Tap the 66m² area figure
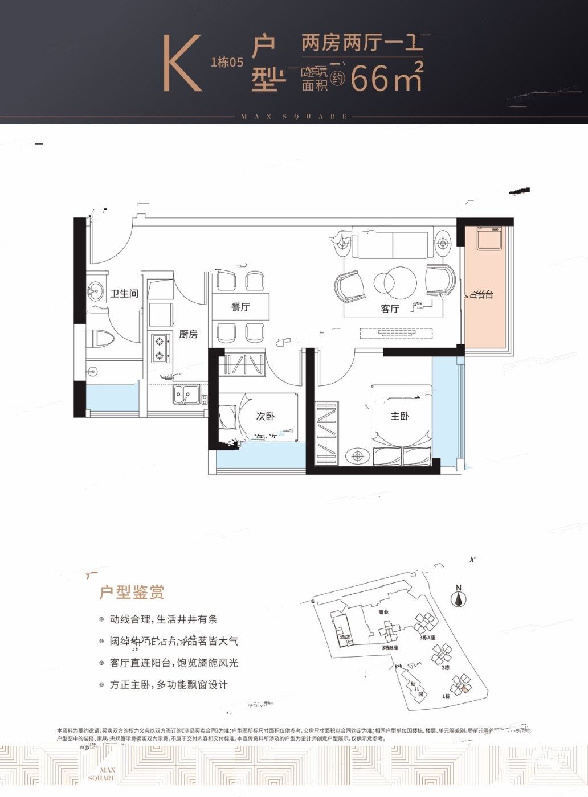tap(387, 77)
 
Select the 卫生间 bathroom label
tap(124, 294)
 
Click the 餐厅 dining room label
tap(240, 307)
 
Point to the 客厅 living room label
tap(390, 309)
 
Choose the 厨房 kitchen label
tap(189, 334)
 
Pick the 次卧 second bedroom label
tap(266, 417)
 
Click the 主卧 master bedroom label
tap(399, 417)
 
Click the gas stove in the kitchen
tap(160, 349)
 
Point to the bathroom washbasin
tap(94, 292)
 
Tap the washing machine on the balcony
tap(488, 240)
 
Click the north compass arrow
tap(458, 598)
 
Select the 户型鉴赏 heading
tap(132, 593)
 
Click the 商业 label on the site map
tap(383, 613)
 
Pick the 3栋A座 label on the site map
tap(427, 638)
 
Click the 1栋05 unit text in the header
tap(227, 63)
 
